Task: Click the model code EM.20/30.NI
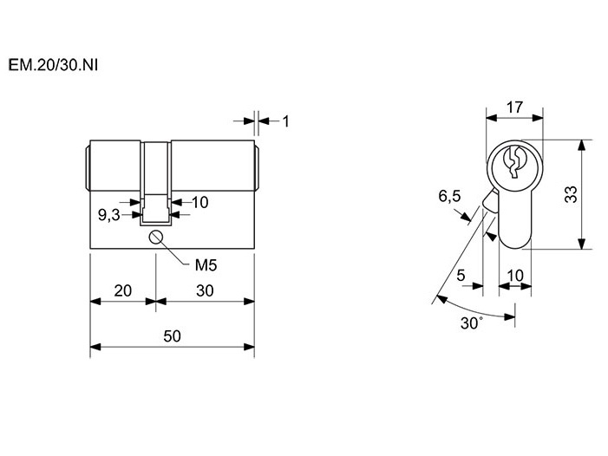point(53,65)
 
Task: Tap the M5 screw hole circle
point(156,238)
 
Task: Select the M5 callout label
point(206,265)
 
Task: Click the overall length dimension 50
point(172,335)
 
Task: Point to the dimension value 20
point(122,290)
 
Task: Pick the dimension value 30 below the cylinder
point(205,290)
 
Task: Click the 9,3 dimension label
point(109,215)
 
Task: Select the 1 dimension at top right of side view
point(285,121)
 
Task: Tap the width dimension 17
point(514,107)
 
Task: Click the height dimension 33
point(571,194)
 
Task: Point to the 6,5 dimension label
point(449,196)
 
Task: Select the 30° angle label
point(472,322)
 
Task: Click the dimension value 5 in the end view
point(461,276)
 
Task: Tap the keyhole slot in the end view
point(514,162)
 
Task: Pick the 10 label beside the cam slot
point(200,202)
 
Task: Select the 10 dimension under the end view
point(515,276)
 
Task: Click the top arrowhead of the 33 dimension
point(581,145)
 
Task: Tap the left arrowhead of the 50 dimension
point(95,347)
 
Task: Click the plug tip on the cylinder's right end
point(257,167)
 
